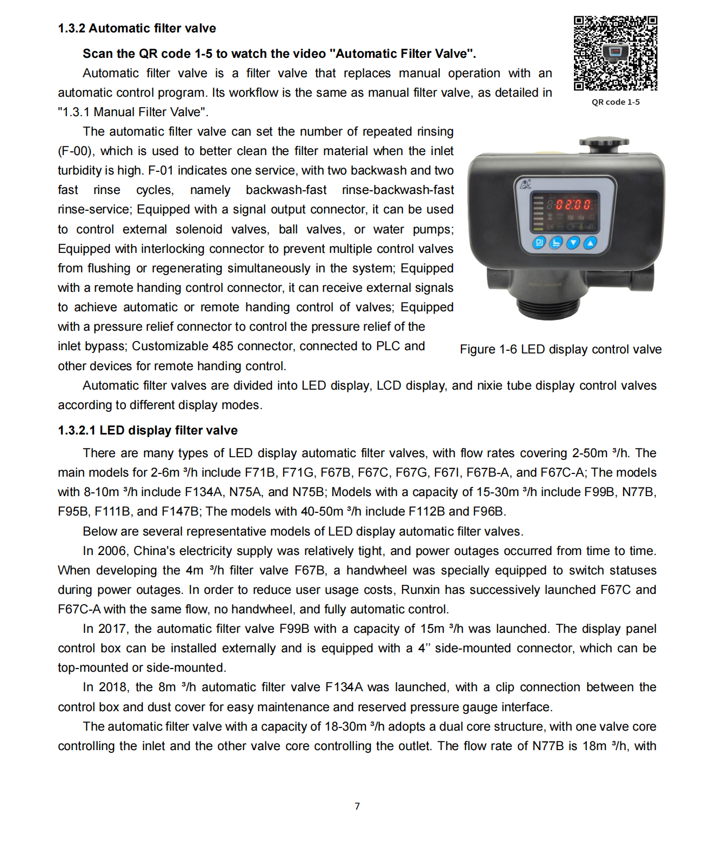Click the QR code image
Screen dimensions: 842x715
(615, 53)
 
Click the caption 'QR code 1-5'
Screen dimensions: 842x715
(615, 102)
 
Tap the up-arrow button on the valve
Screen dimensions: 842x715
(590, 243)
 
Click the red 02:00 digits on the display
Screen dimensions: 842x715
(573, 205)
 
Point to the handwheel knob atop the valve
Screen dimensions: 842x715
(604, 143)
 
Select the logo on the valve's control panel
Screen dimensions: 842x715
(525, 184)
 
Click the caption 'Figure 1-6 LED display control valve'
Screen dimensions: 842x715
(560, 350)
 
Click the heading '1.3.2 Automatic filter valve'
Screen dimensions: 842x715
(137, 28)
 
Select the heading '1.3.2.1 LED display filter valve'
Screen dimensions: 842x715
(148, 430)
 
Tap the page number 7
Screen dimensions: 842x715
(357, 806)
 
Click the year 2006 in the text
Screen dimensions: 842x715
(112, 551)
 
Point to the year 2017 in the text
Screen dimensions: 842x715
(112, 629)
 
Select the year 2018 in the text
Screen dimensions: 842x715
(112, 687)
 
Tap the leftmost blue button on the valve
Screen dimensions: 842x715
(539, 243)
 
